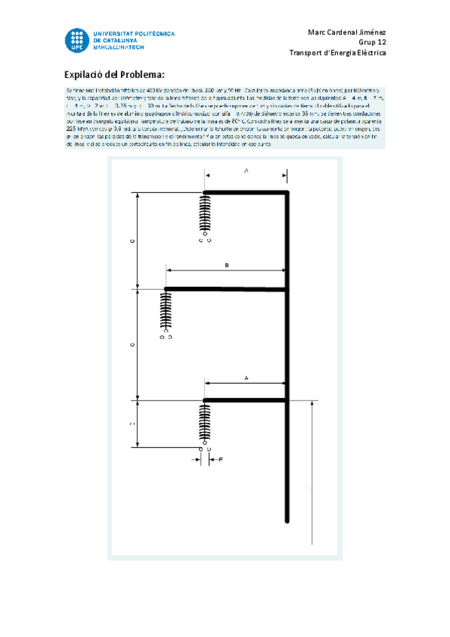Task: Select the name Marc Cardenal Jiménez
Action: click(346, 32)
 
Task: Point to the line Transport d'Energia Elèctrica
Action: click(337, 53)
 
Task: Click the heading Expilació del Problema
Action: click(114, 74)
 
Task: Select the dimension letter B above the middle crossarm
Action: click(226, 265)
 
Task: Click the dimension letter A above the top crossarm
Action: click(246, 171)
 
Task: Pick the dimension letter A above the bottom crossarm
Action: click(246, 379)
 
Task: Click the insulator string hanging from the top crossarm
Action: click(205, 216)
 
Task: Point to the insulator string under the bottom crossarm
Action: click(205, 424)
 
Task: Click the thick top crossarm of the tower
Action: click(246, 193)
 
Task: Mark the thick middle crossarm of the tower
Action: click(225, 288)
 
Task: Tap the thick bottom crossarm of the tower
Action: click(246, 400)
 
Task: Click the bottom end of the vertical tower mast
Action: click(288, 518)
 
